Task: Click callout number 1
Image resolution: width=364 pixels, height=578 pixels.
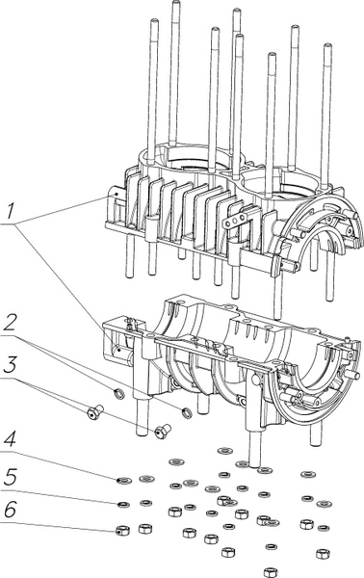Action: pyautogui.click(x=10, y=212)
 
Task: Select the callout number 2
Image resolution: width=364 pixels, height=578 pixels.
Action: pyautogui.click(x=10, y=325)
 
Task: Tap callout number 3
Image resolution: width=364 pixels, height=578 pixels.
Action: pyautogui.click(x=10, y=366)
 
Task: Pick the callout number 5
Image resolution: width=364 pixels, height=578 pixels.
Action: pyautogui.click(x=10, y=479)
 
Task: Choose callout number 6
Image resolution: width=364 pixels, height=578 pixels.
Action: pyautogui.click(x=10, y=512)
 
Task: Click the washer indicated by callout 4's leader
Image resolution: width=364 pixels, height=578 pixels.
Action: pyautogui.click(x=124, y=481)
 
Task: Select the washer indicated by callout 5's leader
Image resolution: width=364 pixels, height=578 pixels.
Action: pyautogui.click(x=123, y=504)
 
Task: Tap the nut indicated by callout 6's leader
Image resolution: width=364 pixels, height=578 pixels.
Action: pyautogui.click(x=122, y=531)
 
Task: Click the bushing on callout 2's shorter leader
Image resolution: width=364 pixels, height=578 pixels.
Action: pyautogui.click(x=119, y=394)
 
